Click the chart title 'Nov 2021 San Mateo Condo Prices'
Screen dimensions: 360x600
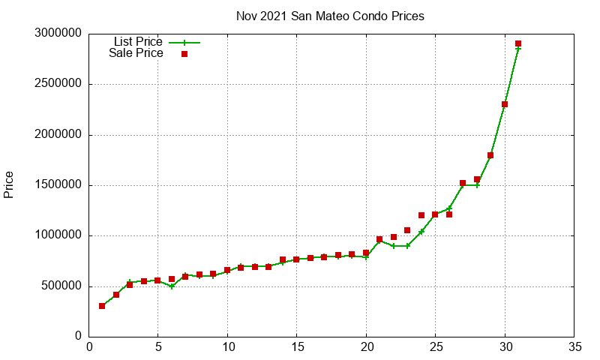[x=330, y=16]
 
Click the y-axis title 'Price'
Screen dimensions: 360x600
[x=9, y=184]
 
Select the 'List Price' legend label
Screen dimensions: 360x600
[x=138, y=42]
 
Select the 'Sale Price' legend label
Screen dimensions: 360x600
[x=136, y=53]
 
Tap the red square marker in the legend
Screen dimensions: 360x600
[x=184, y=54]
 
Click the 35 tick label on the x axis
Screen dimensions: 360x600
[x=574, y=347]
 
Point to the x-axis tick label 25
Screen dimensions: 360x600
[x=435, y=347]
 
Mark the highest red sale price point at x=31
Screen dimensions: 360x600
[x=518, y=44]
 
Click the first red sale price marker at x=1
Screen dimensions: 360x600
[x=102, y=306]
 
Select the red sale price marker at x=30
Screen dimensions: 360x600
[x=505, y=104]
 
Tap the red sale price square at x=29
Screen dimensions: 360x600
[x=490, y=155]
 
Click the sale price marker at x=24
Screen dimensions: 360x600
[x=421, y=215]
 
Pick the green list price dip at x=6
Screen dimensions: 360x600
[x=172, y=286]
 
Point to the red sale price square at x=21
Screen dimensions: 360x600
[x=379, y=239]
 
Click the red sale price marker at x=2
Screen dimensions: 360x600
[x=116, y=295]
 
